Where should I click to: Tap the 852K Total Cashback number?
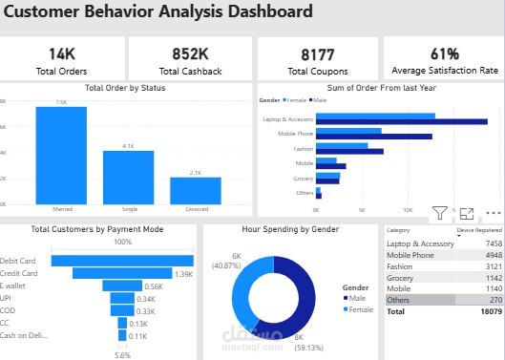[x=190, y=53]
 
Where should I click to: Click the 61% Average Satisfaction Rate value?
[x=444, y=53]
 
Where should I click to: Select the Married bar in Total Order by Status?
[x=61, y=155]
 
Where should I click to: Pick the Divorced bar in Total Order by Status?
[x=195, y=190]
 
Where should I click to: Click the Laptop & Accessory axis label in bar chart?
[x=285, y=119]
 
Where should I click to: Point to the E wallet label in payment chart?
[x=15, y=286]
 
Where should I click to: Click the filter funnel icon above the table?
[x=439, y=214]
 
